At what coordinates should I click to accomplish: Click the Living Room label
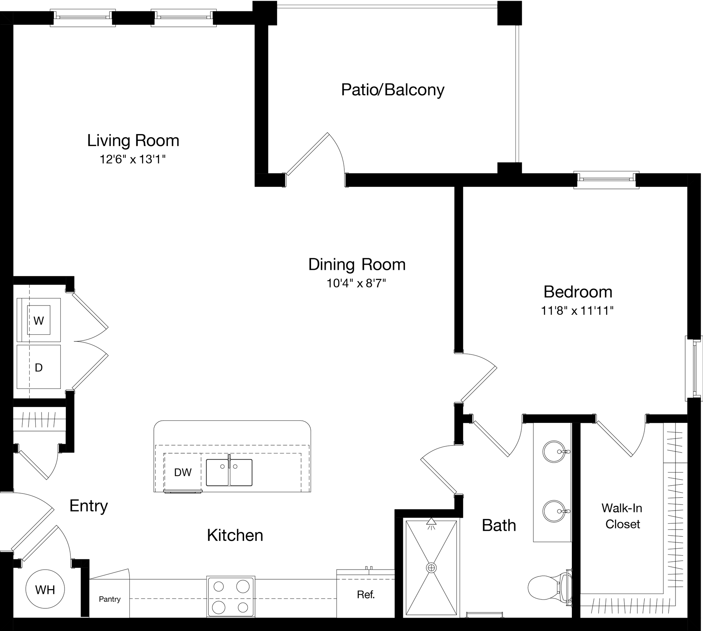[x=133, y=141]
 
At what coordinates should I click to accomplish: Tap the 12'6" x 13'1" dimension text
[x=132, y=159]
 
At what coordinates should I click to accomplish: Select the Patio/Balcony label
[x=392, y=90]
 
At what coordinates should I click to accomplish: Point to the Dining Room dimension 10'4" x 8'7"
[x=356, y=284]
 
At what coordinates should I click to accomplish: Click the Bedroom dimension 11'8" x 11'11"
[x=577, y=311]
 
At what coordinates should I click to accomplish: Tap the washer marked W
[x=39, y=320]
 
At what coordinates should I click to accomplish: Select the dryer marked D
[x=39, y=367]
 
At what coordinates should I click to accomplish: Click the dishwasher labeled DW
[x=183, y=472]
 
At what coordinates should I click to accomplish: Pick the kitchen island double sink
[x=229, y=473]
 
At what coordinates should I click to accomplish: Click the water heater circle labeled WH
[x=45, y=590]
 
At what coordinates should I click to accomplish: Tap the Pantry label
[x=110, y=599]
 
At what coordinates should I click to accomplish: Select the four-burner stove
[x=231, y=597]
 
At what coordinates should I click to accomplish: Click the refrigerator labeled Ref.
[x=366, y=595]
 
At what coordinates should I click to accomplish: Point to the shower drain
[x=431, y=568]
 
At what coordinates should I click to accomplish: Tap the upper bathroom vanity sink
[x=554, y=452]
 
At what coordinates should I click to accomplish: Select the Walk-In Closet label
[x=622, y=516]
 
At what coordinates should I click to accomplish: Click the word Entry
[x=89, y=506]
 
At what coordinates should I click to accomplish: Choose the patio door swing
[x=319, y=156]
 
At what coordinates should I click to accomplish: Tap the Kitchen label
[x=235, y=535]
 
